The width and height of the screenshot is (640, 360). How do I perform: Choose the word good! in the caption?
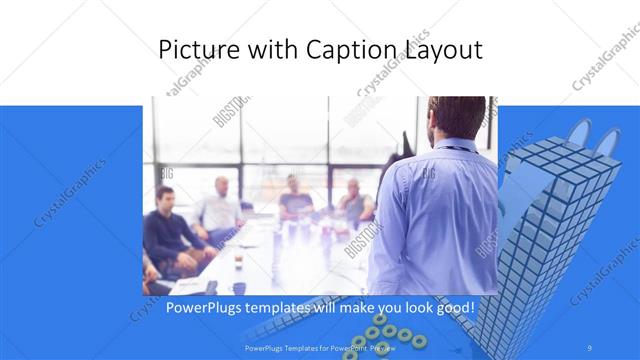coord(449,306)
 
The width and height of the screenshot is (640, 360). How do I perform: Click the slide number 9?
coord(590,348)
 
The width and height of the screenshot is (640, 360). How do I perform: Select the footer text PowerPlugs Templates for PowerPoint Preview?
coord(319,348)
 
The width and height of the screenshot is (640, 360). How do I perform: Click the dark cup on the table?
coord(238,262)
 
